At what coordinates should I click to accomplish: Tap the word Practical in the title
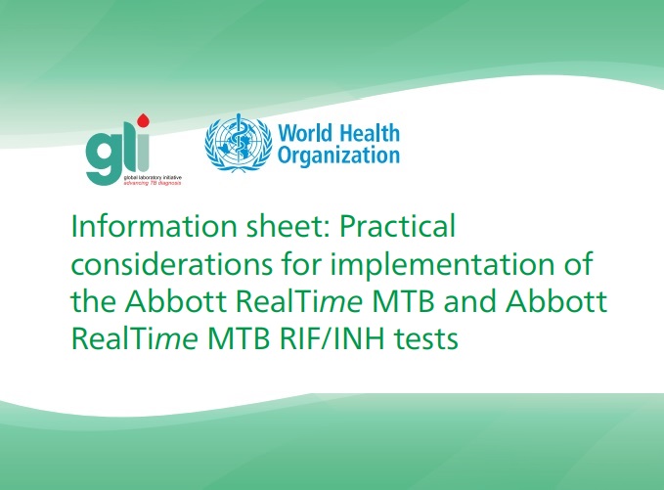click(x=397, y=226)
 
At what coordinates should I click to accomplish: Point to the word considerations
click(x=171, y=264)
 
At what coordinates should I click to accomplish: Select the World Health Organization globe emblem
click(x=239, y=143)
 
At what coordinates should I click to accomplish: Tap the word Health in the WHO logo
click(x=370, y=133)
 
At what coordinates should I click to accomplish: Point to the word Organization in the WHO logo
click(x=338, y=156)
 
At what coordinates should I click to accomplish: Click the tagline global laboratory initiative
click(x=153, y=177)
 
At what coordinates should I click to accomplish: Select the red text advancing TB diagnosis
click(x=152, y=183)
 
